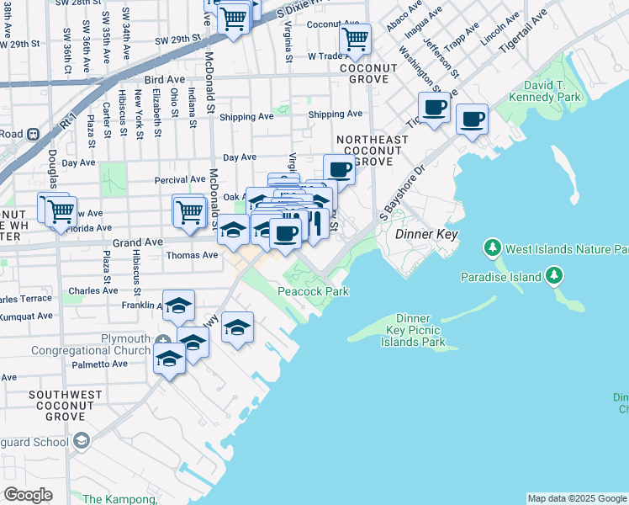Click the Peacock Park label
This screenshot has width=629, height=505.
(314, 291)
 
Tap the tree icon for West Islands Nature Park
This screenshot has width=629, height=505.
(492, 248)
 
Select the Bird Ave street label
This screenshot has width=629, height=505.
(164, 79)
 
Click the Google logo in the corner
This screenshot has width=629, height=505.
(29, 494)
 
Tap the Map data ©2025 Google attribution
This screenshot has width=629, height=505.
(577, 498)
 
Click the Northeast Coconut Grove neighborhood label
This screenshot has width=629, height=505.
(364, 150)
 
